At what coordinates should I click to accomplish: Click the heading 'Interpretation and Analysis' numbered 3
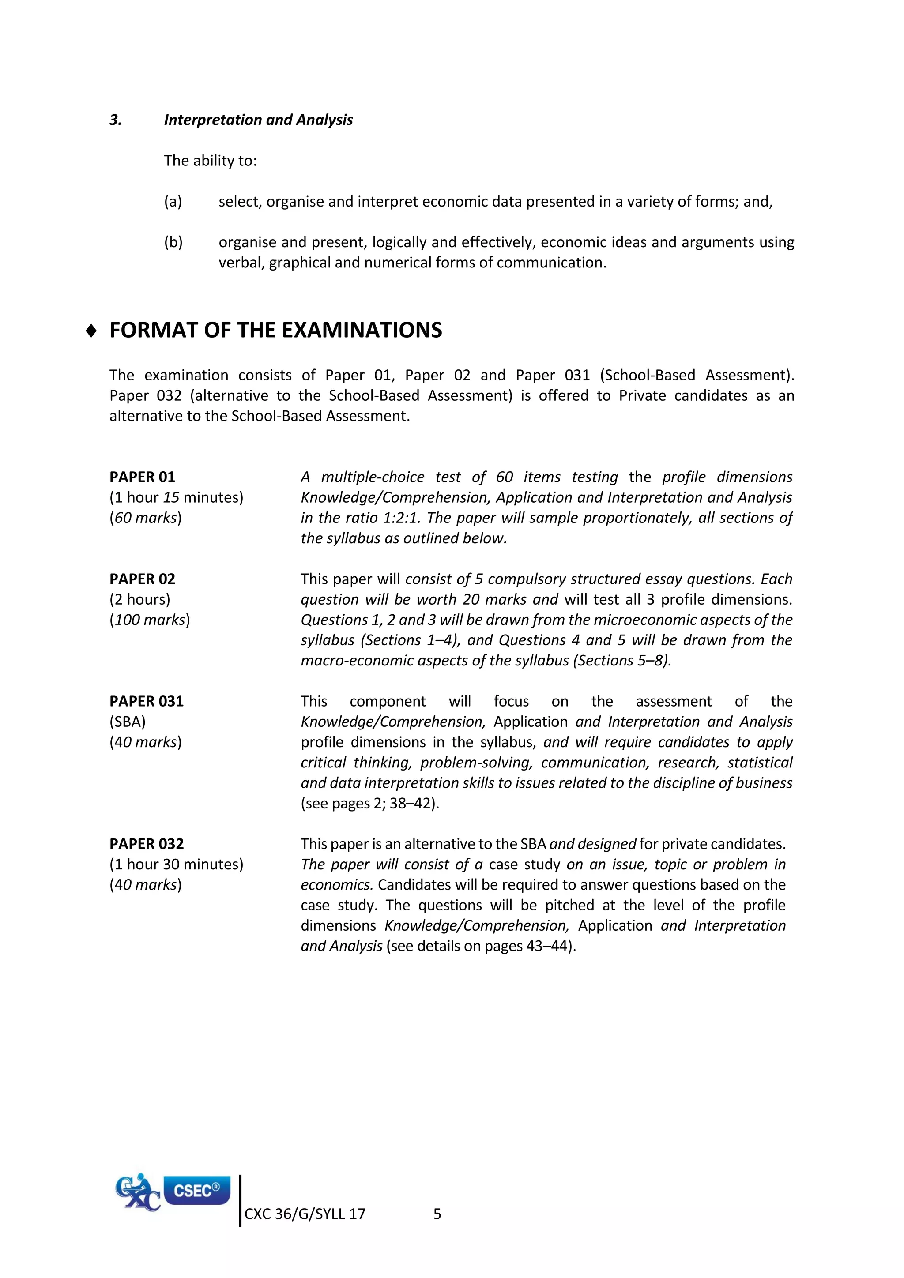(258, 120)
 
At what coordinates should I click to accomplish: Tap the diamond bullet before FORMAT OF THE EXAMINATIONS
(92, 331)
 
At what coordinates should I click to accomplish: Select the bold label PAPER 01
(142, 477)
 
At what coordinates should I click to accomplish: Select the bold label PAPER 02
(142, 579)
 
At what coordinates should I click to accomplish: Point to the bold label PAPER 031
(147, 701)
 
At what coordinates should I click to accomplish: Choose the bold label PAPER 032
(147, 844)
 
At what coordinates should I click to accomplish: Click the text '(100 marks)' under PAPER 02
(150, 620)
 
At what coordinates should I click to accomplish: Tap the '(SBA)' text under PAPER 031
(128, 722)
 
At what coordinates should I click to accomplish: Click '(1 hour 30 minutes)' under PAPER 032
(177, 865)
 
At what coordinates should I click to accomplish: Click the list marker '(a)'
(173, 202)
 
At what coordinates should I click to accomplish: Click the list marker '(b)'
(173, 242)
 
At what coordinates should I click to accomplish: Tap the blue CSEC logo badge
(196, 1191)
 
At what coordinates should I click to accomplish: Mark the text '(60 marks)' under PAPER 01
(146, 518)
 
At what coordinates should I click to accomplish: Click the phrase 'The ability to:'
(211, 161)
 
